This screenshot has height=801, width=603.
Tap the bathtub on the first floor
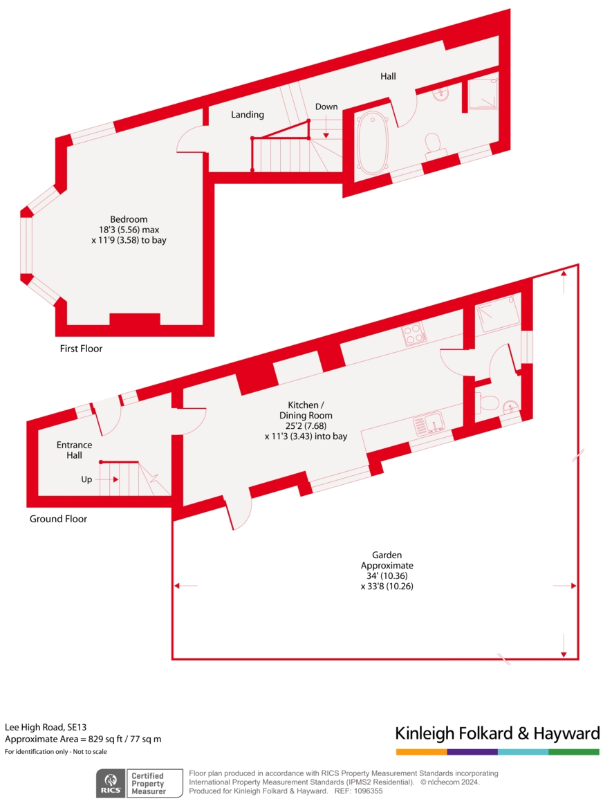(373, 142)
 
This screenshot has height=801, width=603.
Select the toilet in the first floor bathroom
(434, 143)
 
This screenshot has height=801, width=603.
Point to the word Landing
(248, 115)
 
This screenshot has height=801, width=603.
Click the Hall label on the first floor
(388, 76)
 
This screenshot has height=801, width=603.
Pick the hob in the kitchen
(414, 335)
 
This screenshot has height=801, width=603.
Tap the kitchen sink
(429, 423)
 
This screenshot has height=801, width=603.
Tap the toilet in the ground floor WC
(488, 403)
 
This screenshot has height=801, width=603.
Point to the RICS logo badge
(111, 782)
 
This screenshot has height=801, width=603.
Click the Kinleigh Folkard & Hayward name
(497, 733)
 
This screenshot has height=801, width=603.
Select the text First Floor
(81, 349)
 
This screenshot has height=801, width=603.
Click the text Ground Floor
(58, 519)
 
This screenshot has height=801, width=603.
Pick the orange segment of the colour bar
(421, 752)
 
